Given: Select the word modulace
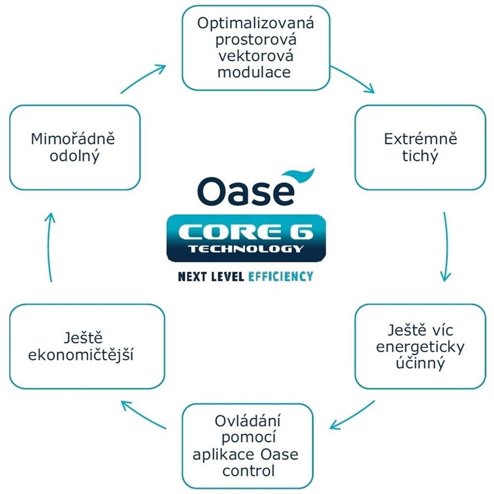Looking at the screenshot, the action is [x=254, y=72].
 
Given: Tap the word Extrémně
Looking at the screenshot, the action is [x=420, y=139].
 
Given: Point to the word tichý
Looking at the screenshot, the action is [x=420, y=156].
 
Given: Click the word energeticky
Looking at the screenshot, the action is [x=420, y=347].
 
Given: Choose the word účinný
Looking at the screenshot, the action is [x=420, y=363].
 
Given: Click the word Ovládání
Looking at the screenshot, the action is [x=248, y=420].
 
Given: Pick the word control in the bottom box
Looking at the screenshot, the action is [x=248, y=471].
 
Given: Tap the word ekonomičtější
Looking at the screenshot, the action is [x=81, y=355].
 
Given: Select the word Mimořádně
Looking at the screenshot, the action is [x=73, y=139].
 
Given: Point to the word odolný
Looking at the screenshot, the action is [x=75, y=156].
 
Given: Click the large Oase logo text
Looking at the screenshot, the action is [x=246, y=191].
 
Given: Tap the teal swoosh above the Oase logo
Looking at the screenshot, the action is [x=299, y=177].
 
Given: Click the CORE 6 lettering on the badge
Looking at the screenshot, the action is [x=246, y=233].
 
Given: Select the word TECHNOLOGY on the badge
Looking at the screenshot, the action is [x=246, y=249].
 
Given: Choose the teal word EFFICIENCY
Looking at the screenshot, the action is [x=280, y=277].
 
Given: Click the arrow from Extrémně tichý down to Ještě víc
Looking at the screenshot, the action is [x=447, y=246].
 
